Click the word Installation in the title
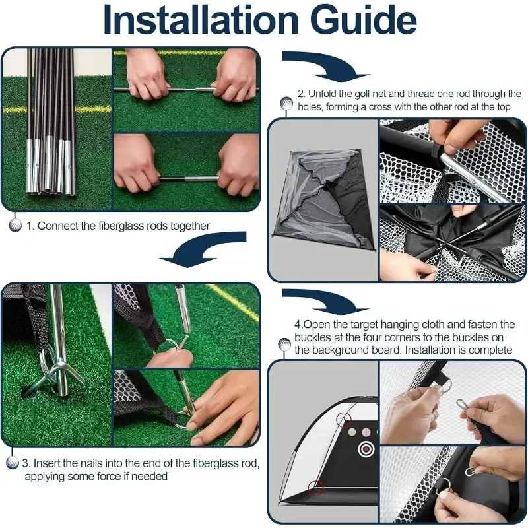(x=201, y=20)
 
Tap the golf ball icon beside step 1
(x=14, y=225)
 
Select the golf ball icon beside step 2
(x=286, y=103)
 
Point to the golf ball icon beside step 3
(x=13, y=463)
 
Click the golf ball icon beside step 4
(x=284, y=345)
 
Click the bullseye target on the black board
(x=366, y=448)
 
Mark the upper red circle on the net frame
(x=344, y=420)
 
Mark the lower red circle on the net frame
(x=316, y=488)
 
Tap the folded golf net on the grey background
(x=324, y=200)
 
